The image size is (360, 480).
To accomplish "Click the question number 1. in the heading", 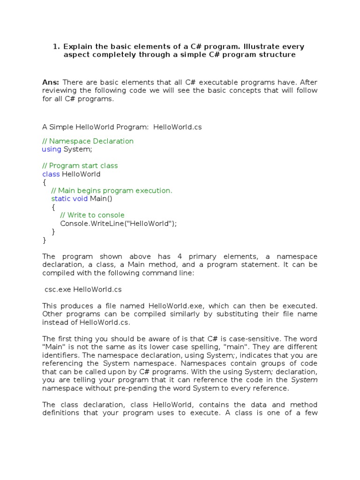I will click(56, 46).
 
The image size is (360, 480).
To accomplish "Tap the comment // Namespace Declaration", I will click(88, 141).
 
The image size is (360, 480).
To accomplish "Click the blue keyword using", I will click(52, 149).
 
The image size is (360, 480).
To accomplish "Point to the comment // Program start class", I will click(80, 165).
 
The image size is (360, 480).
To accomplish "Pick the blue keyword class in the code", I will click(51, 174).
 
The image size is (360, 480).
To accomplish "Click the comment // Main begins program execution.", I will click(112, 190).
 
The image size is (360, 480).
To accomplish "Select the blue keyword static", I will click(60, 199).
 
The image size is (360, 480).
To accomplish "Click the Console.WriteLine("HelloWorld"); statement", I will click(119, 224).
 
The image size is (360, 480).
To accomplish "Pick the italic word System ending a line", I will click(304, 380).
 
